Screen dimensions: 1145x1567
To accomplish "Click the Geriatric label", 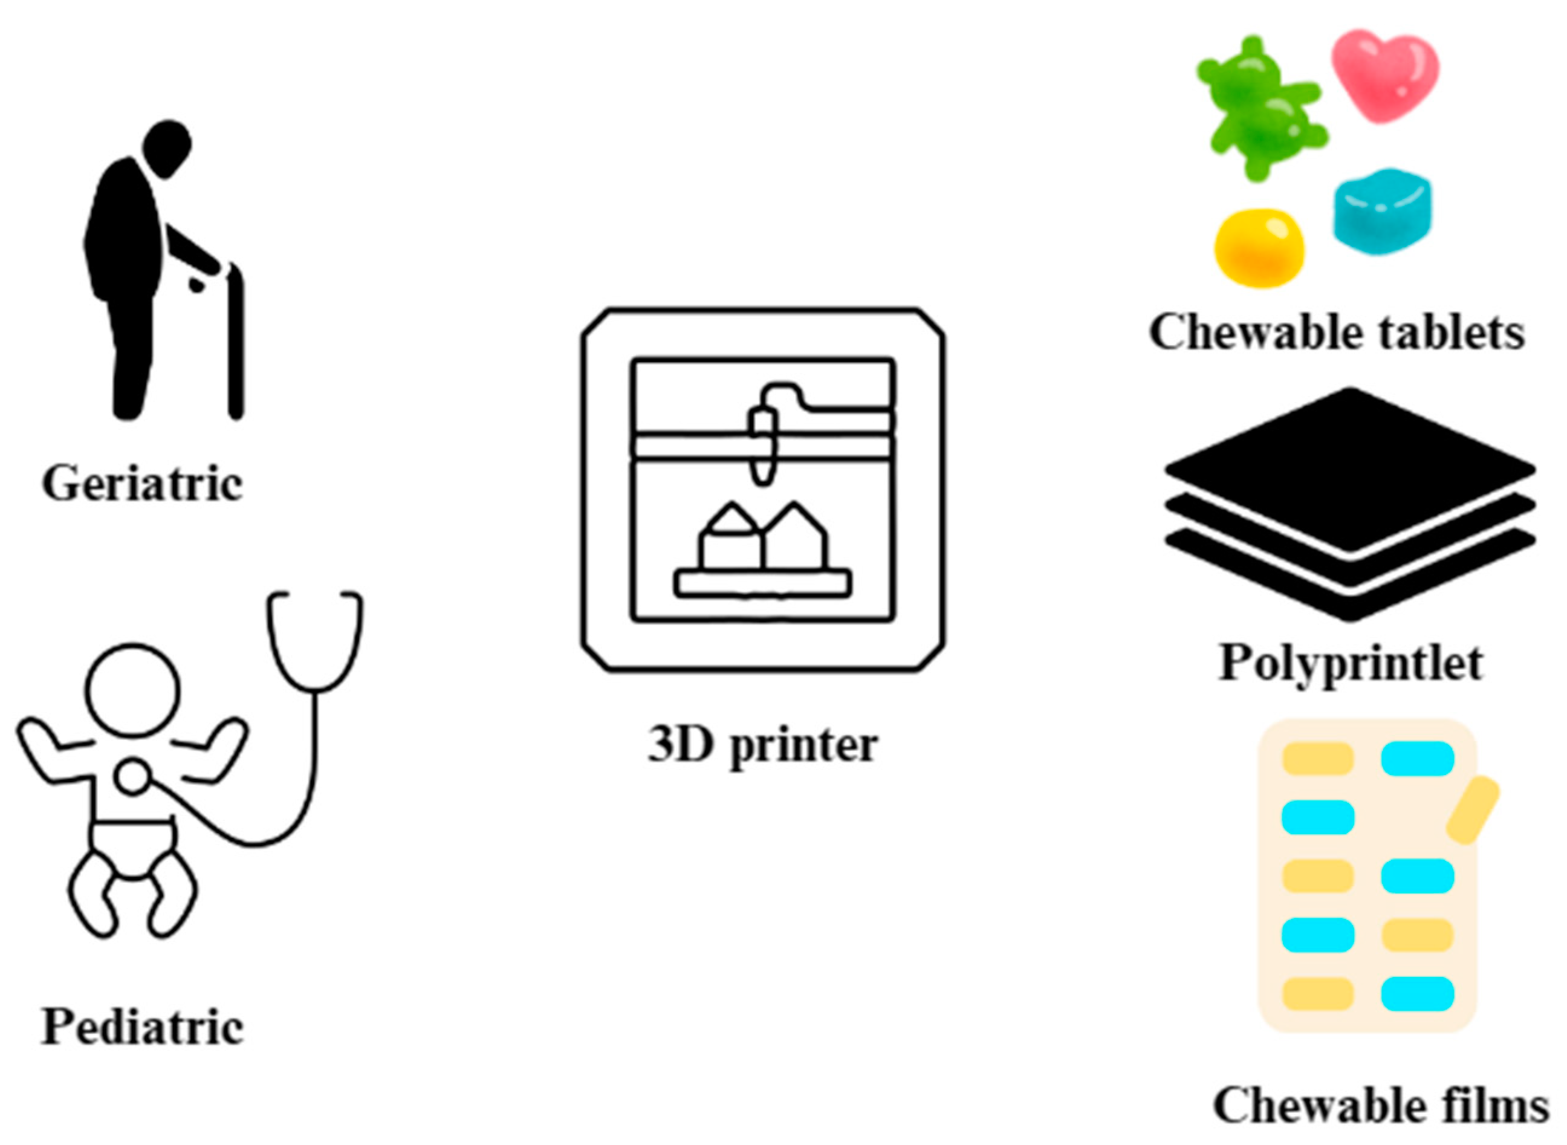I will pyautogui.click(x=142, y=483).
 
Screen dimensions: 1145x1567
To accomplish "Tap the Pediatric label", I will pyautogui.click(x=142, y=1027).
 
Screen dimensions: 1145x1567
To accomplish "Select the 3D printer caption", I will pyautogui.click(x=762, y=745).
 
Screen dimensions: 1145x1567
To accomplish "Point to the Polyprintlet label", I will pyautogui.click(x=1350, y=663).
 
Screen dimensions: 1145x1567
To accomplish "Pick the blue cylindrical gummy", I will pyautogui.click(x=1381, y=212).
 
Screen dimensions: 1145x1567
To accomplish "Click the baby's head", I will pyautogui.click(x=132, y=690).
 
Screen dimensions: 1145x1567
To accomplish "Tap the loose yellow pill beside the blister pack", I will pyautogui.click(x=1473, y=809).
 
